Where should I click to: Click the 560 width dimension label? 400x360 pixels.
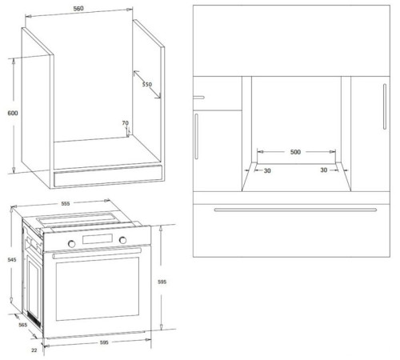click(x=78, y=9)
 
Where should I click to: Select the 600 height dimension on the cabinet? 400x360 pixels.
click(x=13, y=113)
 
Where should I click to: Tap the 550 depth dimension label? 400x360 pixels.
click(x=147, y=85)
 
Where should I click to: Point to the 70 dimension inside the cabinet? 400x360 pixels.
click(x=126, y=123)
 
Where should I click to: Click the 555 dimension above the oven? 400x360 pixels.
click(x=66, y=203)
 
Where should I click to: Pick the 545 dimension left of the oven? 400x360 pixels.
click(x=12, y=259)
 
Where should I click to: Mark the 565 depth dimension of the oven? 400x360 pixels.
click(x=23, y=325)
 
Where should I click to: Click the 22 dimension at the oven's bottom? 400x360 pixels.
click(x=34, y=350)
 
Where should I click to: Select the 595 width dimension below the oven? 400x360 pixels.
click(x=104, y=342)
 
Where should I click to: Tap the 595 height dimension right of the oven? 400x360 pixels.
click(x=162, y=282)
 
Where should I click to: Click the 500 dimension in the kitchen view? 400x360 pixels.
click(x=295, y=152)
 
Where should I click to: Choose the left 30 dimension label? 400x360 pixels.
click(x=267, y=170)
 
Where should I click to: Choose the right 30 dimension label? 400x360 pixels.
click(x=324, y=170)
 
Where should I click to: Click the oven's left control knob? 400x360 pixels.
click(x=71, y=243)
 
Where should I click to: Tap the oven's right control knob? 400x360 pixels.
click(x=122, y=240)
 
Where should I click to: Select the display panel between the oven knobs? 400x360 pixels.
click(x=98, y=238)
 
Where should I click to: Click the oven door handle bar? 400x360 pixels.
click(x=97, y=253)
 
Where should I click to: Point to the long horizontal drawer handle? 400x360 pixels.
click(x=295, y=210)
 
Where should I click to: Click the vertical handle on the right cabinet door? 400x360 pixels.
click(x=385, y=106)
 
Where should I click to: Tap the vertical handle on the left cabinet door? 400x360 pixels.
click(x=197, y=136)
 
